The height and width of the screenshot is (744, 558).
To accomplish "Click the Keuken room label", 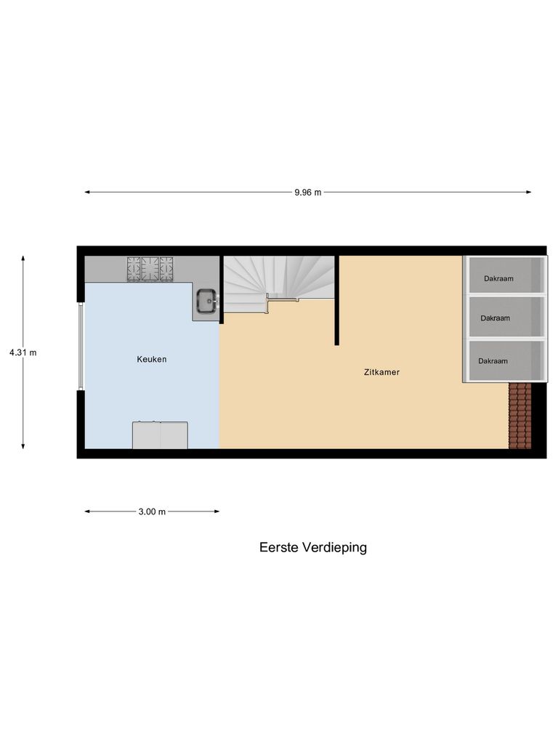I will coord(152,359).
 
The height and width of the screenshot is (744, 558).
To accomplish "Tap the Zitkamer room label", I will coord(381,372).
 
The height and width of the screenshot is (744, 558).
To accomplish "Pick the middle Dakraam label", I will coord(495,318).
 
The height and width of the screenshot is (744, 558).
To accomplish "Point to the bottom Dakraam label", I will coord(493,360).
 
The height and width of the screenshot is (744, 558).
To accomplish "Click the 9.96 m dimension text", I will coord(307,193).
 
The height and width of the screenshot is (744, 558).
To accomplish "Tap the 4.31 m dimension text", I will coord(23,352).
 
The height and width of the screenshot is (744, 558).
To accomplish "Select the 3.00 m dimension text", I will coord(152,511).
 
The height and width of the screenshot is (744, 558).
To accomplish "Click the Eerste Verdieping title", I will coord(312,547).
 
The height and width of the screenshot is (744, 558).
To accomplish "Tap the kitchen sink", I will coord(206,299).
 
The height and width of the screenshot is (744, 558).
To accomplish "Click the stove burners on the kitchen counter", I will coord(150,268).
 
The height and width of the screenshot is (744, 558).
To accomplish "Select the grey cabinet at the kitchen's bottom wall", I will coord(160,435).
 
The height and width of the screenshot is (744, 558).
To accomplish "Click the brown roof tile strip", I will coord(519,416).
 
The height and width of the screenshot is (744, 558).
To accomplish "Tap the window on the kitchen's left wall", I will coord(81,346).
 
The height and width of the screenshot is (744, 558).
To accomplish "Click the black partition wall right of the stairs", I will coord(337,299).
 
